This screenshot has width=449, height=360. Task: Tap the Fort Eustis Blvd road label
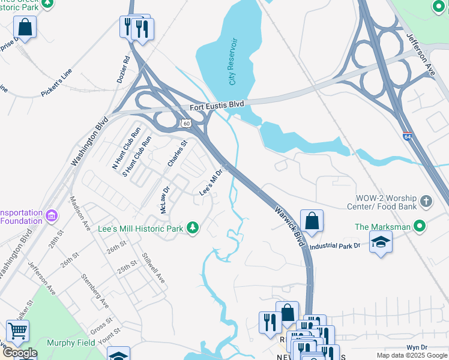217,106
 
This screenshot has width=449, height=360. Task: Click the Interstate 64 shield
407,137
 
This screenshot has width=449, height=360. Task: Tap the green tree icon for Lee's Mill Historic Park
193,228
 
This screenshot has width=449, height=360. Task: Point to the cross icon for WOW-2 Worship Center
426,201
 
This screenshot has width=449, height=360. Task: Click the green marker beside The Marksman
420,226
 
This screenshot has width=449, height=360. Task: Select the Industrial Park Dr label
334,245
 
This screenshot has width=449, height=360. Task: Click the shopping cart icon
18,331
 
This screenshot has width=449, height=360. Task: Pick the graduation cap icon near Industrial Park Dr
381,242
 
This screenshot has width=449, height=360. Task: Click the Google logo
19,353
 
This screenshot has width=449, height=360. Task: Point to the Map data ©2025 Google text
411,355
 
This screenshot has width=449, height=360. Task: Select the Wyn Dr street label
416,347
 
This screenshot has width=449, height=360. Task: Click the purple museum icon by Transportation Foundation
52,215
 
